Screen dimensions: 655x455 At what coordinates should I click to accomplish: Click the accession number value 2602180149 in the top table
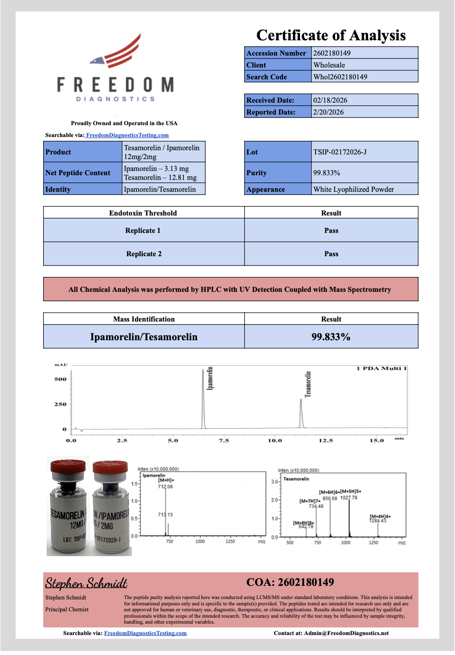[x=332, y=53]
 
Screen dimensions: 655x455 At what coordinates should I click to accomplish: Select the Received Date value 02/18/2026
[x=330, y=100]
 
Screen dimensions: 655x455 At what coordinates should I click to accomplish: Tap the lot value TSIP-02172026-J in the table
[x=340, y=152]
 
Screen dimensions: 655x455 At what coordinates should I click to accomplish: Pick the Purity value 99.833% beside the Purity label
[x=327, y=173]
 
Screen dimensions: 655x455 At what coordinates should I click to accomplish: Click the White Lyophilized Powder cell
[x=353, y=189]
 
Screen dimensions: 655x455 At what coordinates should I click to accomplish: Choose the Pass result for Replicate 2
[x=331, y=254]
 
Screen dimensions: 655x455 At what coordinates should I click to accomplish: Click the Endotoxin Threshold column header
[x=143, y=213]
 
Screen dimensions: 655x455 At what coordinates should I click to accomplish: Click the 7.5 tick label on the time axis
[x=224, y=441]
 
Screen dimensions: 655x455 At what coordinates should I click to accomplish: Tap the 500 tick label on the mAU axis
[x=60, y=379]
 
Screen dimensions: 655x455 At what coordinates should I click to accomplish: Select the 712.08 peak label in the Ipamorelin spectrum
[x=165, y=487]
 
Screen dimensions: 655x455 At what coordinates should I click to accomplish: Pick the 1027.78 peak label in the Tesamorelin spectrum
[x=349, y=498]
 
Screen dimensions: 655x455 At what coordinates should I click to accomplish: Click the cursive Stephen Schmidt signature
[x=86, y=583]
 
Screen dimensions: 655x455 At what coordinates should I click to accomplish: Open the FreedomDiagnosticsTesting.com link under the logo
[x=127, y=135]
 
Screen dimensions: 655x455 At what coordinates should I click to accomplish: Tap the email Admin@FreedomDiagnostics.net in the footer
[x=346, y=633]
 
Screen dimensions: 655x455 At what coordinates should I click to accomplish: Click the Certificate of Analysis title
[x=331, y=35]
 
